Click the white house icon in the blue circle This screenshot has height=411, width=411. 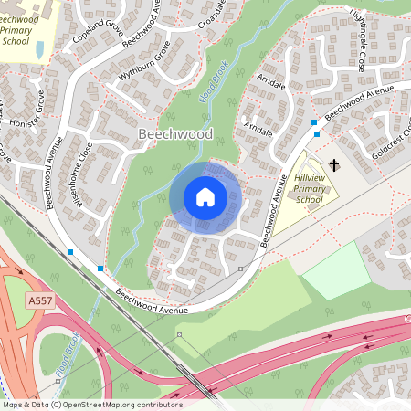pos(205,197)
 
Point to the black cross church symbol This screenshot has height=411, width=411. pos(333,165)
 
